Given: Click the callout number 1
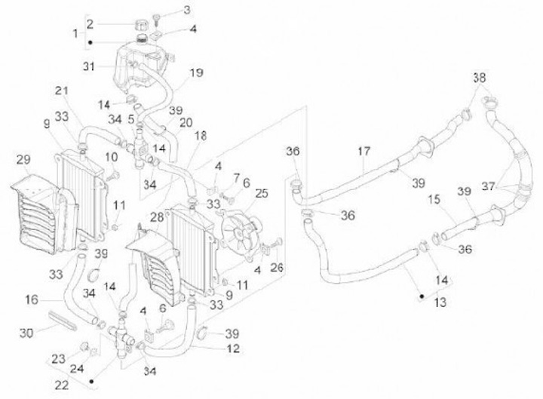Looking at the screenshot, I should coord(75,33).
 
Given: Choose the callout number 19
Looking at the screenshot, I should coord(196,73).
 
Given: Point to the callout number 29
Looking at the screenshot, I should coord(23,159).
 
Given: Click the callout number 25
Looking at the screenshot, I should coord(262,193).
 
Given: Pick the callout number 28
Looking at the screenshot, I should coord(157,217).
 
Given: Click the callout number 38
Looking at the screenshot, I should coord(480,78).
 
